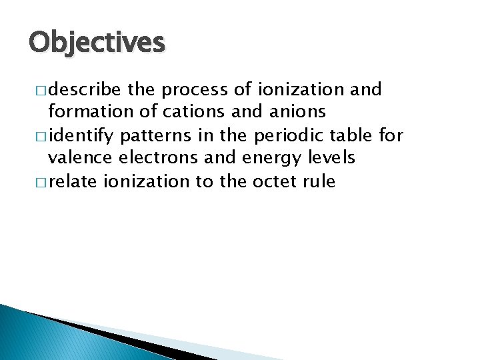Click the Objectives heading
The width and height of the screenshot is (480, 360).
96,42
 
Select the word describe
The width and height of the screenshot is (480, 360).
82,90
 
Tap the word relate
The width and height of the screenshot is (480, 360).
73,182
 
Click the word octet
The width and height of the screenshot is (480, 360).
275,182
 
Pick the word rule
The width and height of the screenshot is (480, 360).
320,182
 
